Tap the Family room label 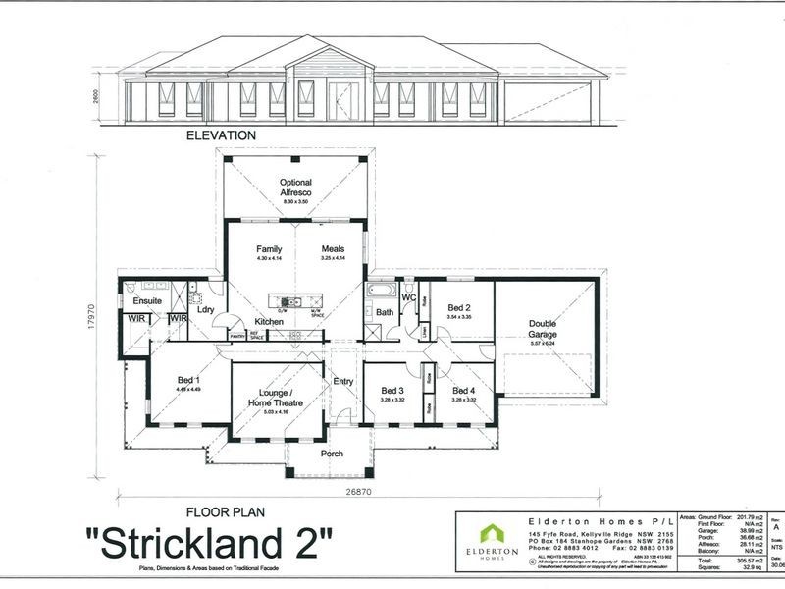tap(269, 249)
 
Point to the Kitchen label tap(270, 322)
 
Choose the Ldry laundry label tap(206, 310)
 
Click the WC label tap(410, 297)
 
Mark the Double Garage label tap(542, 329)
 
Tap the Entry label tap(343, 381)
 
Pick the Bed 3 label tap(392, 391)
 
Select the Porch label tap(333, 455)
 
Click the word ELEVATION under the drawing tap(221, 135)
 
